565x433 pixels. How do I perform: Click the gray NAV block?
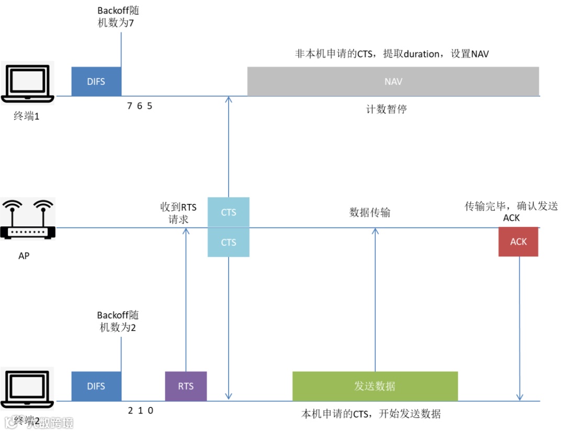[x=393, y=82]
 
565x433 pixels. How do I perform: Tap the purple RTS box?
[x=186, y=386]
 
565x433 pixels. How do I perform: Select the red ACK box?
[x=518, y=242]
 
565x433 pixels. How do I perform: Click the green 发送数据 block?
[x=375, y=386]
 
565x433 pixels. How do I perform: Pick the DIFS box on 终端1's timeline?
[x=96, y=82]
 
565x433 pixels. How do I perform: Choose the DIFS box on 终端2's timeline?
[x=96, y=386]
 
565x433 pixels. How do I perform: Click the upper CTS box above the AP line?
[x=229, y=212]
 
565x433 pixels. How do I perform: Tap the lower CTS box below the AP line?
[x=229, y=243]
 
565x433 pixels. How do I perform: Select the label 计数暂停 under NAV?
[x=386, y=109]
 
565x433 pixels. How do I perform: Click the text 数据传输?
[x=369, y=213]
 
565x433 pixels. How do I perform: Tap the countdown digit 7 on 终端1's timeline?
[x=130, y=106]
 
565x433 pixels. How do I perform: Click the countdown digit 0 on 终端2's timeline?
[x=151, y=411]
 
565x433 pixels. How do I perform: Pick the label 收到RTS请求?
[x=178, y=213]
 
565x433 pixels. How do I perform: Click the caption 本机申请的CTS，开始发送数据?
[x=371, y=414]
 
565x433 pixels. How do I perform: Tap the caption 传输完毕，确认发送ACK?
[x=511, y=211]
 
